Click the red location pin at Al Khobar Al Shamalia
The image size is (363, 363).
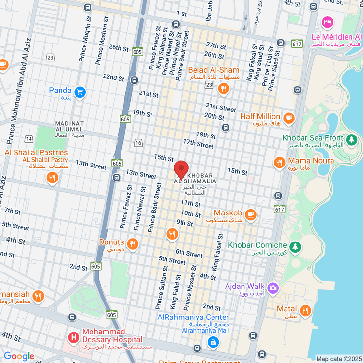point(181,170)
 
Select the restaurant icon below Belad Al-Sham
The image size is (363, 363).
point(223,88)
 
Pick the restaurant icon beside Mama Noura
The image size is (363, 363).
point(279,163)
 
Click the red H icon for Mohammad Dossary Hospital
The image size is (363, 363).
point(74,336)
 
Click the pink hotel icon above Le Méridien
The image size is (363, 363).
point(328,22)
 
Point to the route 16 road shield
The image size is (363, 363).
point(139,142)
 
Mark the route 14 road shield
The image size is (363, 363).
point(30,139)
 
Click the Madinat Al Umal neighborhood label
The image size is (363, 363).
point(69,127)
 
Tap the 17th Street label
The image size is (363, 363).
point(198,144)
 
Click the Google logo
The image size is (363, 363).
point(19,356)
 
